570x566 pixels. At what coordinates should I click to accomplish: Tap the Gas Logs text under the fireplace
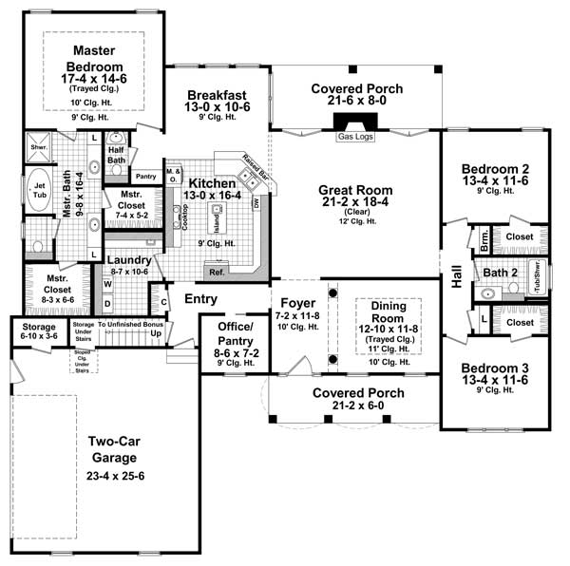point(354,137)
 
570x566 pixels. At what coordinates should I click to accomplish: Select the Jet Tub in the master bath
point(41,190)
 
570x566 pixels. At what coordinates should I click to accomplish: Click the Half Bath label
point(117,154)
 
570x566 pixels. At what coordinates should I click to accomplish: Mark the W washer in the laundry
point(107,283)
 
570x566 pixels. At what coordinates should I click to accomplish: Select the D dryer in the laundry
point(107,304)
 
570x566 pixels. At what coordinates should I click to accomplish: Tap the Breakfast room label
point(218,95)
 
